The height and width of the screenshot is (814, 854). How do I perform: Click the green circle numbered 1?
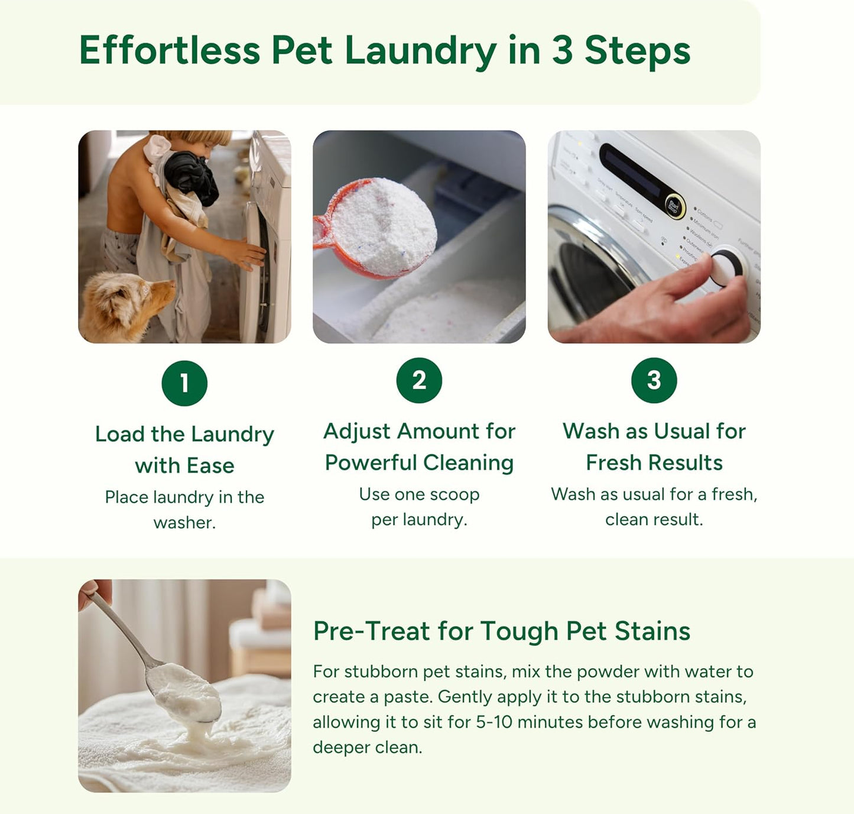(x=184, y=383)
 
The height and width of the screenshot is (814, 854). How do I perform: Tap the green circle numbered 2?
(x=419, y=380)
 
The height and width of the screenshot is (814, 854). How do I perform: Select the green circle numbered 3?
(x=654, y=380)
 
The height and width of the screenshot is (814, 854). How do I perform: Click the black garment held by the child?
(x=190, y=176)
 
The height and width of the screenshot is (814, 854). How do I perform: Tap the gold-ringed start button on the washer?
(x=673, y=206)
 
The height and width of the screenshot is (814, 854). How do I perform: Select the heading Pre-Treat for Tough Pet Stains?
(x=501, y=631)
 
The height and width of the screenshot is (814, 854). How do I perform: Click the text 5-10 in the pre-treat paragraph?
(x=494, y=722)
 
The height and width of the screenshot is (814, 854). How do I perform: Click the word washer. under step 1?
(x=184, y=523)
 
